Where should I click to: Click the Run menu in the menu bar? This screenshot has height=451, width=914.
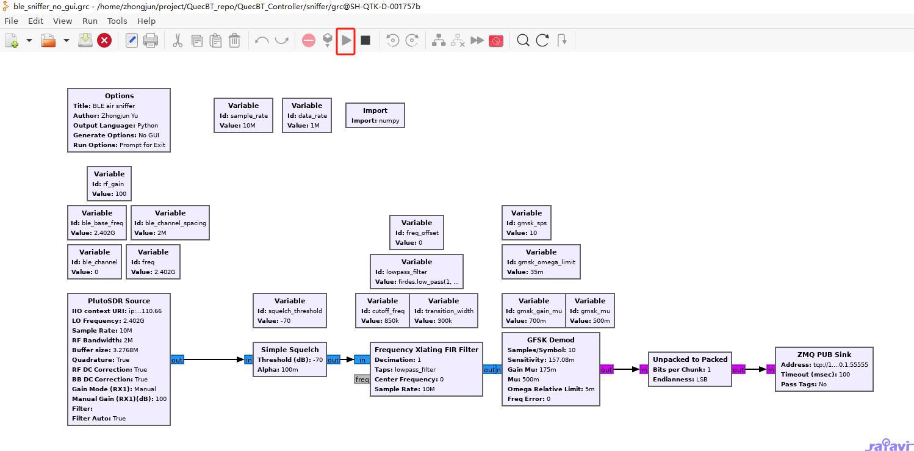(x=90, y=21)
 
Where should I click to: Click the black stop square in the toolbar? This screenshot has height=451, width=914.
(x=365, y=40)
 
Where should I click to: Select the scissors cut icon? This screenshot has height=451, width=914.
(x=178, y=41)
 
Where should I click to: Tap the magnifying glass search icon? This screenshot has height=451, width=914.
(x=523, y=41)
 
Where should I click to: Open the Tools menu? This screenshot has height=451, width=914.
(x=117, y=21)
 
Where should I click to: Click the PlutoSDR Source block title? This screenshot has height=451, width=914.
(x=119, y=301)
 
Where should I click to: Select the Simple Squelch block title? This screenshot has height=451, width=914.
(x=290, y=350)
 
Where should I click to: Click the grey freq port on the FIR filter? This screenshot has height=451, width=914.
(x=362, y=380)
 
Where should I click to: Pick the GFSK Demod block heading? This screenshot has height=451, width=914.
(x=550, y=340)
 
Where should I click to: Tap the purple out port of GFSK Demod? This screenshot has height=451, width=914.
(x=606, y=370)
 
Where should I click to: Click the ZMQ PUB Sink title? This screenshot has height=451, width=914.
(x=824, y=355)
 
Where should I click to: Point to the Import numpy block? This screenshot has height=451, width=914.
(x=375, y=115)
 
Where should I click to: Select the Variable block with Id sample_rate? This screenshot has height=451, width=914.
(x=243, y=115)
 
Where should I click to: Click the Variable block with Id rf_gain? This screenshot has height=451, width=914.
(x=109, y=184)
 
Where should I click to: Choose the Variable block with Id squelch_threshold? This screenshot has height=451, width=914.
(x=290, y=311)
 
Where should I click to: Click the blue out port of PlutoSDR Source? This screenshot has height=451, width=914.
(x=177, y=360)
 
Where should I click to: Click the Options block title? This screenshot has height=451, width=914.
(x=119, y=96)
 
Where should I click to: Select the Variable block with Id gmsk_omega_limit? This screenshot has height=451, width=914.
(x=541, y=262)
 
